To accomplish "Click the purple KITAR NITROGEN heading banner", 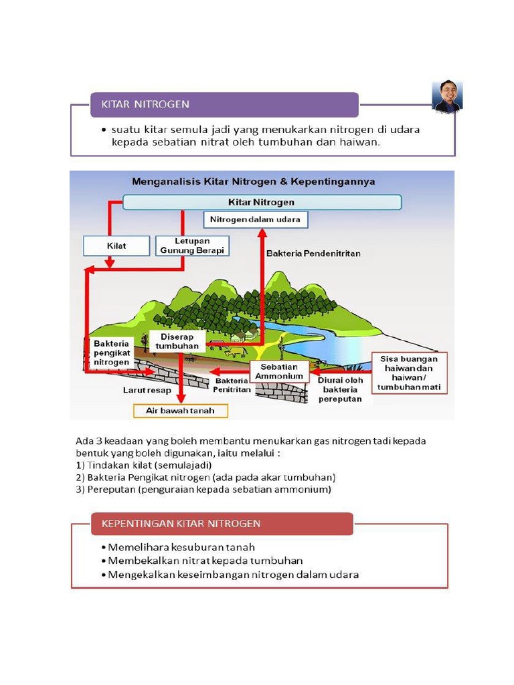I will coord(224,104).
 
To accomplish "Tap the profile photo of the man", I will coord(447,96).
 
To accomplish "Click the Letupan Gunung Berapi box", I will coord(193,246).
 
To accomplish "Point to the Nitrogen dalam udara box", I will coord(255,219).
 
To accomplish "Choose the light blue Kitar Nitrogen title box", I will coord(261,202).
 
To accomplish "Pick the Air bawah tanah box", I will coord(180,410).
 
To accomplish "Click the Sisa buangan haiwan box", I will coord(409,373).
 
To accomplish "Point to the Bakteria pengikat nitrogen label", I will coord(111,352).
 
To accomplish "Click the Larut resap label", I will coord(147,389).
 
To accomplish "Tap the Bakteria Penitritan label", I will coord(232,385).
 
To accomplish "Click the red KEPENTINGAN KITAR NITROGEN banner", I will coord(222,523).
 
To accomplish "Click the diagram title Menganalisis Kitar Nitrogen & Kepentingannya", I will coord(253,181).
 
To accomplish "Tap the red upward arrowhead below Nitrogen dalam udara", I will coord(263,232).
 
